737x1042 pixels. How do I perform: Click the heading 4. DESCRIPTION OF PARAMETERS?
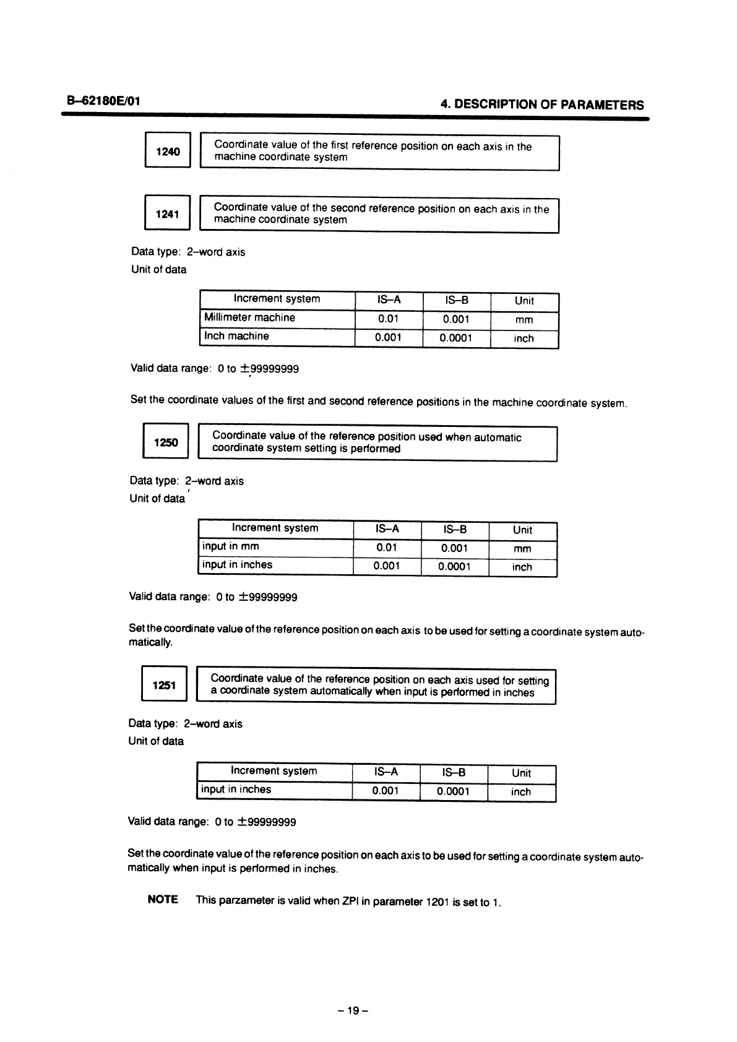coord(541,105)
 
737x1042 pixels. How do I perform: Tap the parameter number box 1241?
coord(167,214)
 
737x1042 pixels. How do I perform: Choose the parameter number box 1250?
coord(166,442)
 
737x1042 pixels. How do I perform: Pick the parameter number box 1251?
coord(165,685)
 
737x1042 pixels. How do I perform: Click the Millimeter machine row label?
coord(249,318)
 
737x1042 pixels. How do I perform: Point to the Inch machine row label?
coord(236,337)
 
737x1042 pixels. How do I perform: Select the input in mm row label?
coord(231,546)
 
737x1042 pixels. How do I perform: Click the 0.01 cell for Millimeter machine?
coord(389,319)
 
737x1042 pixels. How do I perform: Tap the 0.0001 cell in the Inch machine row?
coord(456,338)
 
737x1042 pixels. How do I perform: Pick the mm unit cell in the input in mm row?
coord(522,549)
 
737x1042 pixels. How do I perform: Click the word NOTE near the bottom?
coord(163,899)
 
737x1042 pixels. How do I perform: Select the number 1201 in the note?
coord(438,902)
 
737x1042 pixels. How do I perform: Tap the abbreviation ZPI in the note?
coord(351,901)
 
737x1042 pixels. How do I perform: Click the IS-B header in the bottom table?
coord(454,772)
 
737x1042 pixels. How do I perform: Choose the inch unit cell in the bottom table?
coord(521,792)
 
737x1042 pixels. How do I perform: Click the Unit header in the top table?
coord(524,301)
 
